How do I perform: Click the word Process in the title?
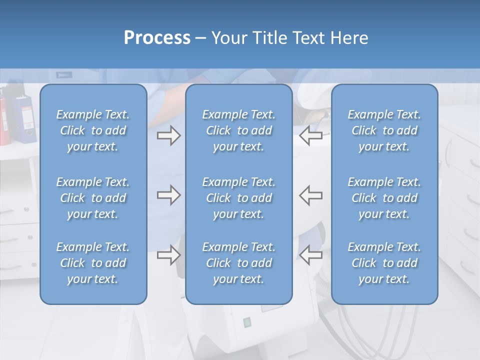(x=157, y=38)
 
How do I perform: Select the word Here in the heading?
(x=348, y=38)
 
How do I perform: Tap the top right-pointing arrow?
(x=168, y=135)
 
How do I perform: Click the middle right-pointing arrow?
(x=168, y=195)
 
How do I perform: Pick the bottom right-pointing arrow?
(x=168, y=255)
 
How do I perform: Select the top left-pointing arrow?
(x=310, y=135)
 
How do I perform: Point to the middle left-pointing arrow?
(x=310, y=195)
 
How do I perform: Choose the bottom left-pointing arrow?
(x=310, y=255)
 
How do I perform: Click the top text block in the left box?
(x=93, y=130)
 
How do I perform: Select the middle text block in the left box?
(x=93, y=198)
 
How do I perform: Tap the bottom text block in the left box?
(x=93, y=263)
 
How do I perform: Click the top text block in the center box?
(x=239, y=130)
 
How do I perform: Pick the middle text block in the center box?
(x=239, y=198)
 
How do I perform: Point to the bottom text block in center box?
(x=239, y=263)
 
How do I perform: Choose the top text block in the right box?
(x=384, y=130)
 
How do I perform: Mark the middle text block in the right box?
(x=384, y=198)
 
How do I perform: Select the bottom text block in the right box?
(x=384, y=263)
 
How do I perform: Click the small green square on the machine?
(x=246, y=322)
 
